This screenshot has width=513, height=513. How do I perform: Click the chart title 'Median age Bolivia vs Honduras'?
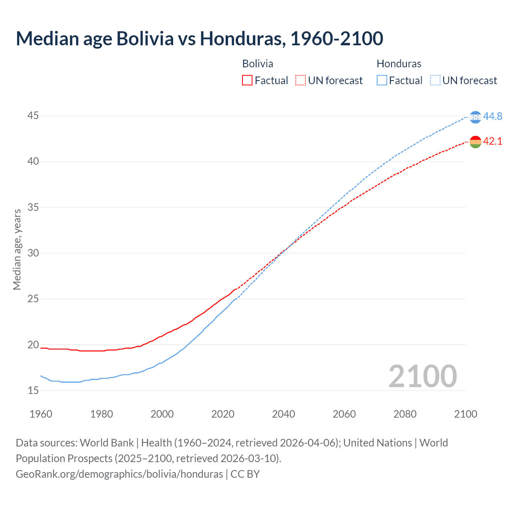point(199,38)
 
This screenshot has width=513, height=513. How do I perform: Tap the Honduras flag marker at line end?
point(475,117)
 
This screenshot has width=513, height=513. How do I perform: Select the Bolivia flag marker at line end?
point(475,142)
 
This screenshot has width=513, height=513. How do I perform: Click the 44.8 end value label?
point(493,116)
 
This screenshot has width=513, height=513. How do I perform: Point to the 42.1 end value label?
point(493,141)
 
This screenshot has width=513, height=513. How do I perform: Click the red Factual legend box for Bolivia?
point(247,81)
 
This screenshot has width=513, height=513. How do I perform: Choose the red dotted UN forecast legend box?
point(301,81)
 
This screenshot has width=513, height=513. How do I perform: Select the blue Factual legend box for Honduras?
point(382,81)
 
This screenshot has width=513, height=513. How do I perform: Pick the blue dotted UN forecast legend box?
point(435,81)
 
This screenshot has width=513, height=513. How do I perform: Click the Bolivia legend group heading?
point(258,64)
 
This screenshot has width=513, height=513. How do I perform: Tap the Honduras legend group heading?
point(399,64)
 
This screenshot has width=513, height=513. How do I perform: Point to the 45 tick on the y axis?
point(33,116)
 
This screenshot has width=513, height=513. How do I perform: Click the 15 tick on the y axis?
point(33,390)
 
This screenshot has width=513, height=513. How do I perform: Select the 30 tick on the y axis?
point(33,253)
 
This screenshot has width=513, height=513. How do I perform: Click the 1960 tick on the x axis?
point(41,414)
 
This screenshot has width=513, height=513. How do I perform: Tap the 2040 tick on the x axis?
point(283,414)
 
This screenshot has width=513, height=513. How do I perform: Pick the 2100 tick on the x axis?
point(465,414)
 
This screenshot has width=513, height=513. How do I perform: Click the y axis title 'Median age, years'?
point(17,249)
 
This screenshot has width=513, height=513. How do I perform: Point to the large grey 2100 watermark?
point(422,376)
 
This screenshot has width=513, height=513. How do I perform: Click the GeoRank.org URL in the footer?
point(119,474)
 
